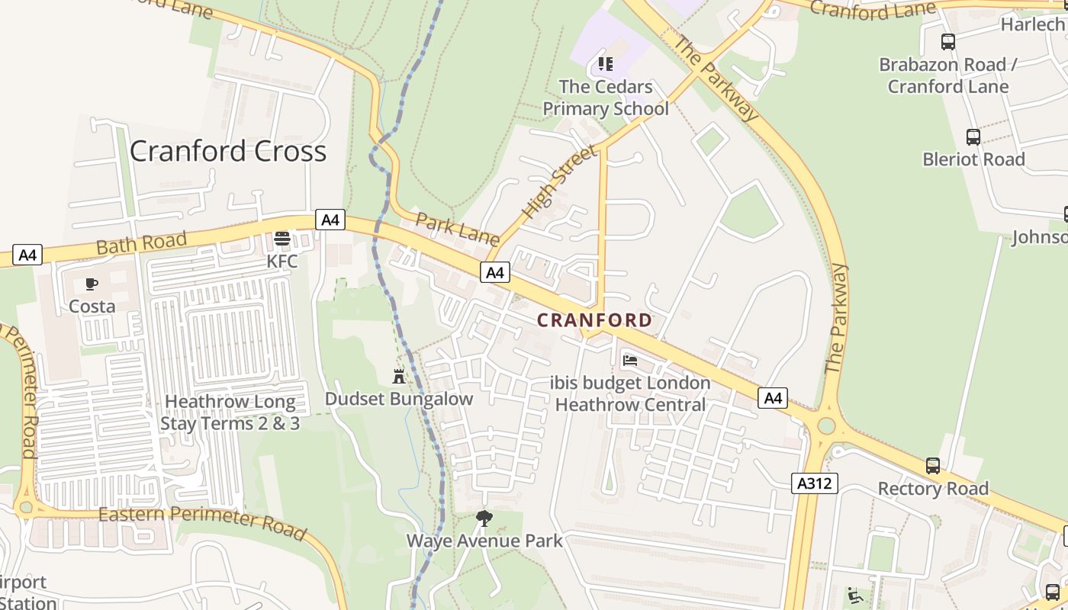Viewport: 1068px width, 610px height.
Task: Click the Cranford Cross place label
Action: [x=228, y=151]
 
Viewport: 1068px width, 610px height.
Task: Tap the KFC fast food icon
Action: [x=281, y=239]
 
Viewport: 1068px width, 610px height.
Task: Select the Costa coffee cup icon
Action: [x=92, y=284]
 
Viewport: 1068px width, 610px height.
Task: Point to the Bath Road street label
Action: [x=141, y=243]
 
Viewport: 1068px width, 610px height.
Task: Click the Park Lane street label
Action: [x=456, y=227]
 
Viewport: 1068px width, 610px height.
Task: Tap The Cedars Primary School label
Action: [x=606, y=98]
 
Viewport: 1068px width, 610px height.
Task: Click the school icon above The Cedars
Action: [x=606, y=63]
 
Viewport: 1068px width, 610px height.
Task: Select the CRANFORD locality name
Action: [x=595, y=320]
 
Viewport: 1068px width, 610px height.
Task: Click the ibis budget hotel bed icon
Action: [x=630, y=360]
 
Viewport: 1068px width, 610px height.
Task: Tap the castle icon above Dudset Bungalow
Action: [x=398, y=376]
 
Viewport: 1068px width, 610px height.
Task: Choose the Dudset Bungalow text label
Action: [x=398, y=399]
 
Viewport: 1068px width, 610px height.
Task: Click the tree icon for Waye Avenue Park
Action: [x=484, y=518]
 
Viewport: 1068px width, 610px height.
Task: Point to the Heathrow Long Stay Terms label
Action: [x=230, y=413]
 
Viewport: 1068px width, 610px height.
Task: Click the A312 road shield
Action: [x=814, y=483]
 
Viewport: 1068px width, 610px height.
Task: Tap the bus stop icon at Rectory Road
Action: [x=932, y=466]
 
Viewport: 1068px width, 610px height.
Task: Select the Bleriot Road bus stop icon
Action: [x=973, y=137]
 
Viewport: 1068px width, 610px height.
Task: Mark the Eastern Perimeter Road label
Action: [x=202, y=522]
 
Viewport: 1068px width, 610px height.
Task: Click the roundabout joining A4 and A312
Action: [x=825, y=425]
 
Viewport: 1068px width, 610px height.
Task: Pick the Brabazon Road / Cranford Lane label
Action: [x=948, y=75]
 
